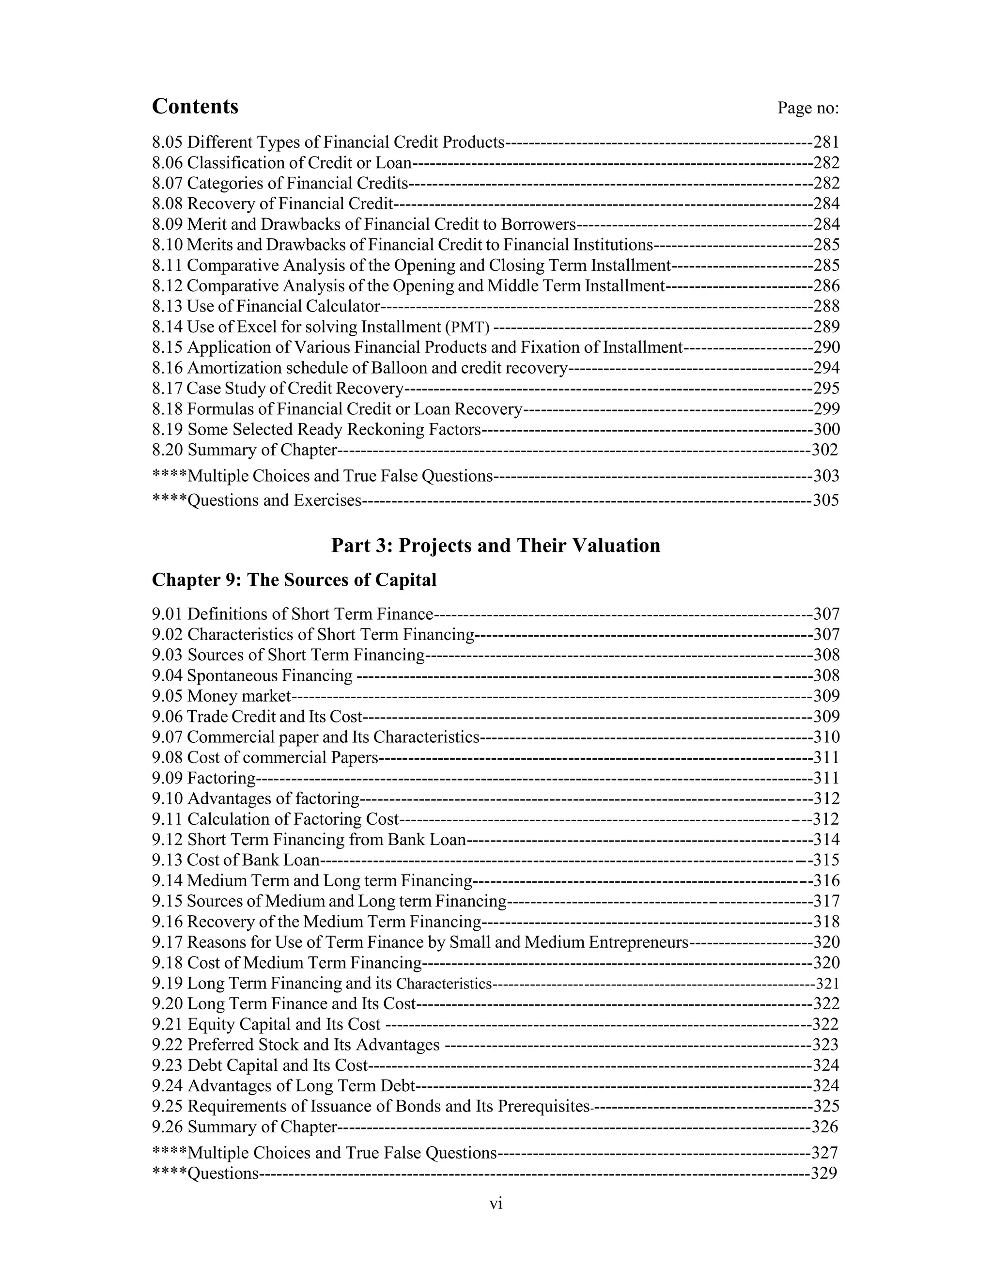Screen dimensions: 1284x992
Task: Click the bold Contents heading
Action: (195, 107)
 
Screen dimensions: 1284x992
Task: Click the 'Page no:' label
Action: (808, 108)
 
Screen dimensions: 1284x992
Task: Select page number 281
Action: (826, 142)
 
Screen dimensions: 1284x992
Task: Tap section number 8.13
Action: (167, 306)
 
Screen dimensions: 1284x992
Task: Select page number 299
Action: (826, 408)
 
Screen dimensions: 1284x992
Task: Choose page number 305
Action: (826, 501)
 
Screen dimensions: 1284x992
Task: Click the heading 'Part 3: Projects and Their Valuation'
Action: (496, 546)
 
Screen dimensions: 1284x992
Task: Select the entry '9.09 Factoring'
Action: (203, 779)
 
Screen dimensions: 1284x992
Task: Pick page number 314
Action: (826, 840)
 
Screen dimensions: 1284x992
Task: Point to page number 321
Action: (827, 984)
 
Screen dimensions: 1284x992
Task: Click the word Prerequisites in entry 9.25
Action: (543, 1107)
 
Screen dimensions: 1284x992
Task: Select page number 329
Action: (824, 1174)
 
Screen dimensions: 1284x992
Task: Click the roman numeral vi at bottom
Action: (496, 1204)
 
